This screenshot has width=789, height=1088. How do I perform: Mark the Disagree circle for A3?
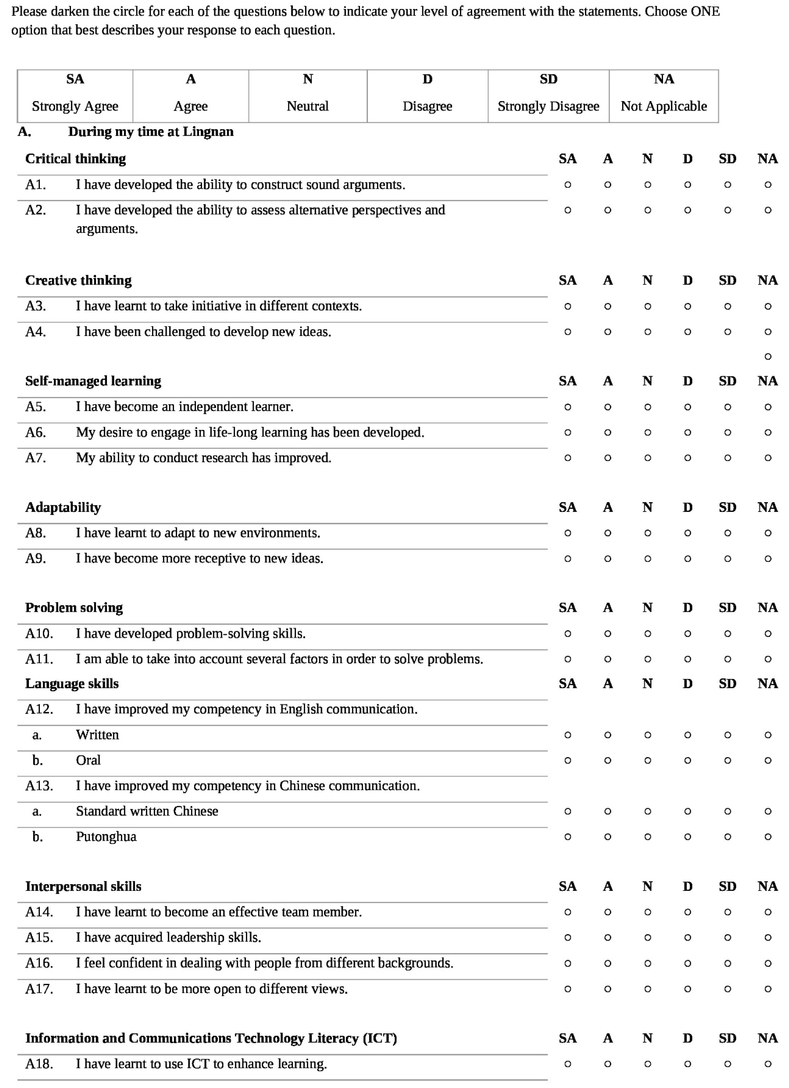687,306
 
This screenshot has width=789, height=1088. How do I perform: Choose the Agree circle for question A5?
607,407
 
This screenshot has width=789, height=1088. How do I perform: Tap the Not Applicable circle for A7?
768,458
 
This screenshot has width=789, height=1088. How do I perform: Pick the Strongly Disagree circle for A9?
728,558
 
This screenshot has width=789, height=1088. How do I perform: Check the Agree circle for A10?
607,634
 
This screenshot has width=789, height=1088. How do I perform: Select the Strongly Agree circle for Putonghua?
568,837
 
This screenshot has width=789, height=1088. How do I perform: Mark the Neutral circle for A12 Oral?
648,760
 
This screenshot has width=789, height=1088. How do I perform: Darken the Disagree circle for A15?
687,937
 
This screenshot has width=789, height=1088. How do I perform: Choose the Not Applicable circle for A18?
768,1064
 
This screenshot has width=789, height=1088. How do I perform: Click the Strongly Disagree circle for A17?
728,989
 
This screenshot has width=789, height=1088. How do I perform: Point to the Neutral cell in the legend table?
308,96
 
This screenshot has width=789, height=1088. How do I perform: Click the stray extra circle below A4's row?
768,356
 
